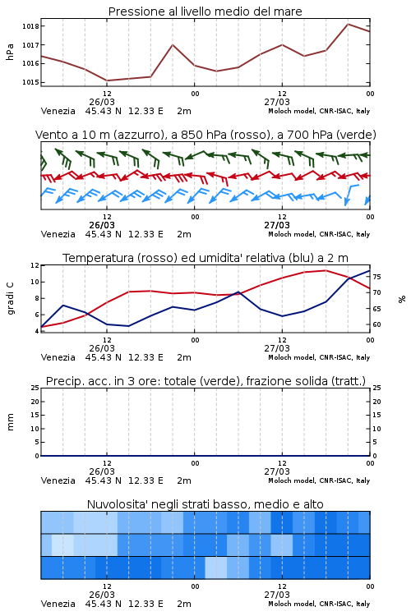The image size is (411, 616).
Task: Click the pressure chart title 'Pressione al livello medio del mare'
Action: (205, 11)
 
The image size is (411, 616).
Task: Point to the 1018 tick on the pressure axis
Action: (30, 26)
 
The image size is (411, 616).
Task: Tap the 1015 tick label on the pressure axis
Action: (30, 82)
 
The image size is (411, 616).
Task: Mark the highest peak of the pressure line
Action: (348, 24)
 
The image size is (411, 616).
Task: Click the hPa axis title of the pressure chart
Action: (10, 52)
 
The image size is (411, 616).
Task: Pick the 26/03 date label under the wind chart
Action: (102, 225)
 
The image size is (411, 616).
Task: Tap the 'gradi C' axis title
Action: (10, 298)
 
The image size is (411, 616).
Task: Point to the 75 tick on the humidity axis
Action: (376, 277)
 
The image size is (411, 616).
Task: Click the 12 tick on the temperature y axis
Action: (35, 265)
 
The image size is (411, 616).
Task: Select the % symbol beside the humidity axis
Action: (402, 299)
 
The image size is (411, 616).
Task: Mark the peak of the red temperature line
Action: (326, 270)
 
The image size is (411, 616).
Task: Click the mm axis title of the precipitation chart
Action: (10, 422)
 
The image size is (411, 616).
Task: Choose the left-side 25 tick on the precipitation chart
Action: (35, 388)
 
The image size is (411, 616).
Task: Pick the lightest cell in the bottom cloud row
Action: (216, 568)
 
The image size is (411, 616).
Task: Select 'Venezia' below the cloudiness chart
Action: (58, 604)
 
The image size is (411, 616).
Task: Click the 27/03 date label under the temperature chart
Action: (277, 348)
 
